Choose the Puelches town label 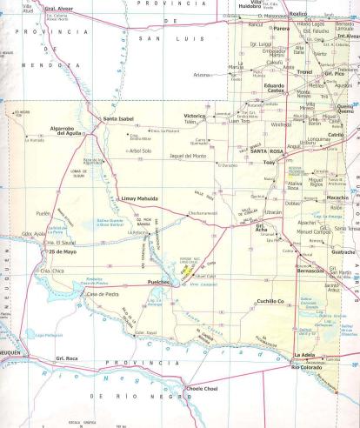(164, 283)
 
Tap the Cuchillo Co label (269, 301)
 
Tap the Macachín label (337, 197)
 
